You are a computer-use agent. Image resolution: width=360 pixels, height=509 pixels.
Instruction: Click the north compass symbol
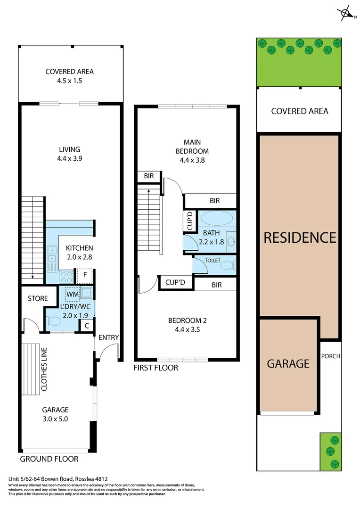point(346,13)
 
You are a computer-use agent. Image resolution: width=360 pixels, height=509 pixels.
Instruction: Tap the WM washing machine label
point(72,295)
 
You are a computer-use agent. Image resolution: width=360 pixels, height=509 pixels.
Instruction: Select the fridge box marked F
point(85,275)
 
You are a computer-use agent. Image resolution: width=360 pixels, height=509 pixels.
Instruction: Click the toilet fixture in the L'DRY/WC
point(55,322)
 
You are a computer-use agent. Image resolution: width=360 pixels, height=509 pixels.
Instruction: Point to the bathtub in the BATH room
point(217,218)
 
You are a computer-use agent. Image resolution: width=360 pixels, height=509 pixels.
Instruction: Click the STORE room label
point(38,298)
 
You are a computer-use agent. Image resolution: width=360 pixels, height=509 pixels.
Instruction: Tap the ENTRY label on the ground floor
point(108,337)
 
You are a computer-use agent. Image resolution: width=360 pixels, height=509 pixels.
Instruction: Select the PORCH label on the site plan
point(330,356)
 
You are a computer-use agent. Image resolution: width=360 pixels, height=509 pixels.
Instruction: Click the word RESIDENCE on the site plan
point(300,237)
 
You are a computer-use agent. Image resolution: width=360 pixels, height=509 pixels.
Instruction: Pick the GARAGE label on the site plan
point(288,364)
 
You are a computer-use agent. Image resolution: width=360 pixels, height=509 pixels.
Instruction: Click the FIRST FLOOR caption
point(155,368)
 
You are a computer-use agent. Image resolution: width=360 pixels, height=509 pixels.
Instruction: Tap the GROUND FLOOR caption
point(49,459)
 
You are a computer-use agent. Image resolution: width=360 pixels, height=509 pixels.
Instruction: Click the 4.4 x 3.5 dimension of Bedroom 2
point(188,329)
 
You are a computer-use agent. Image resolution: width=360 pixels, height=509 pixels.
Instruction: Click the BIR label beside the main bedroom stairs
point(149,176)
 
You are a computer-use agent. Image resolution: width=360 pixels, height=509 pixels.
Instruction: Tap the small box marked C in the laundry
point(87,325)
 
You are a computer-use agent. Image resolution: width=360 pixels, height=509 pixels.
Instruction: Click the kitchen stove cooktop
point(66,276)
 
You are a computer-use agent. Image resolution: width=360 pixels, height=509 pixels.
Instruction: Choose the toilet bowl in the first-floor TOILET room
point(228,265)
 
